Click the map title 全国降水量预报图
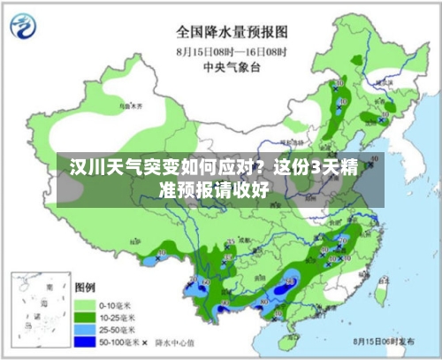click(x=238, y=32)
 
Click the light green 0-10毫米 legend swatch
click(x=86, y=303)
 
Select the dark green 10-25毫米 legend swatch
click(x=86, y=316)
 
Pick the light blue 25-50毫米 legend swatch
click(x=86, y=328)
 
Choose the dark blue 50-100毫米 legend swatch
click(x=86, y=341)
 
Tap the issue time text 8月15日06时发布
click(x=384, y=341)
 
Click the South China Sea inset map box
click(x=40, y=309)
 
